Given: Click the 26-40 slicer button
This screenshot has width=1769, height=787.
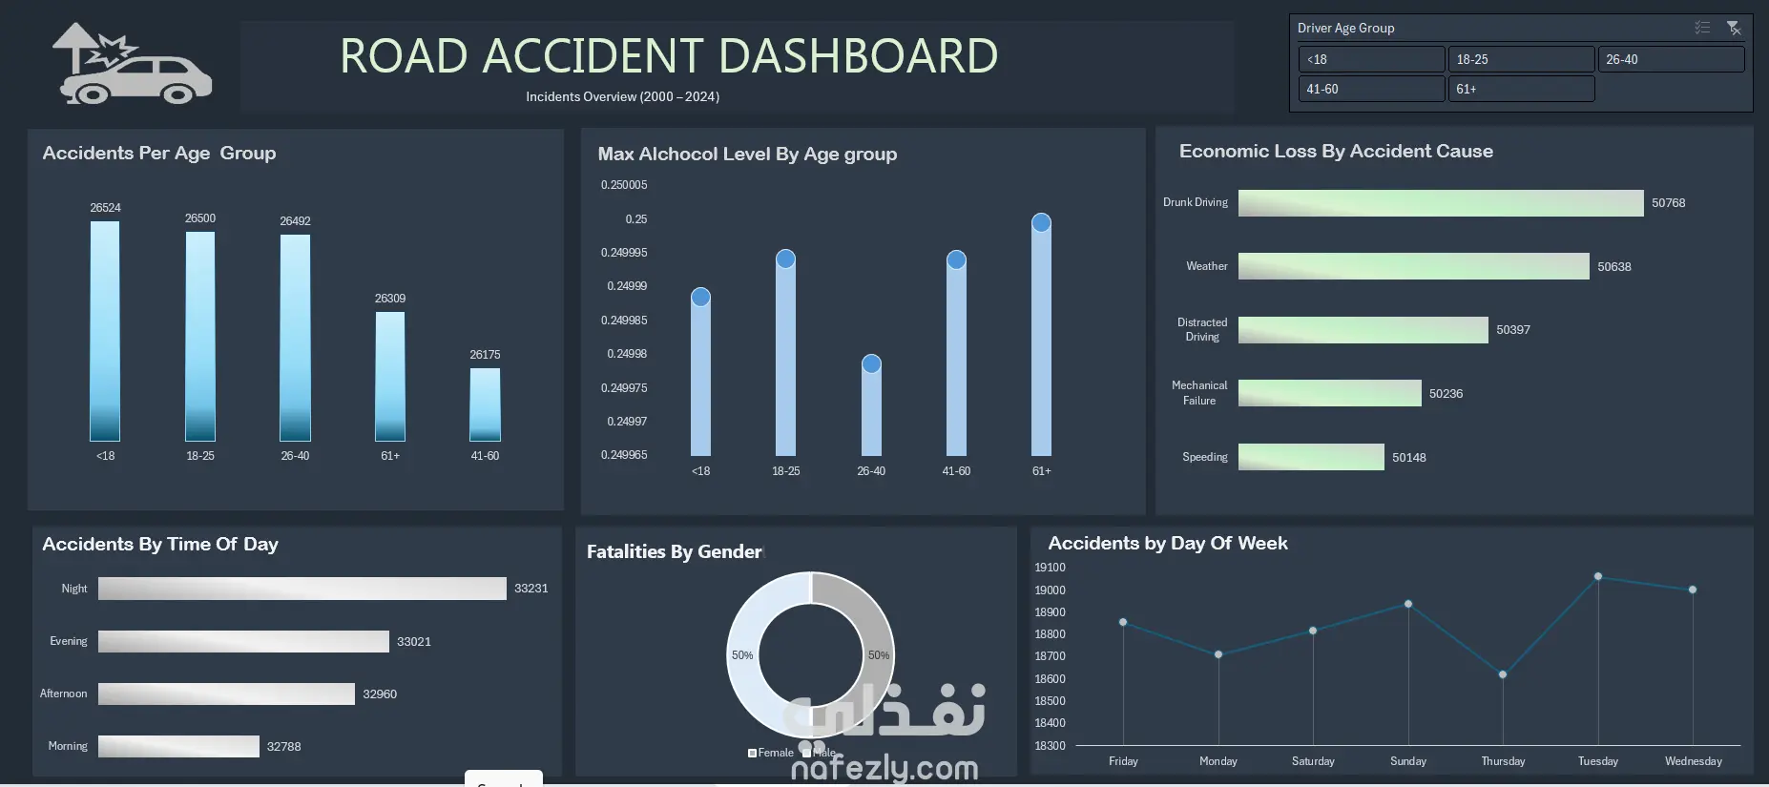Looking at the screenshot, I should (1671, 59).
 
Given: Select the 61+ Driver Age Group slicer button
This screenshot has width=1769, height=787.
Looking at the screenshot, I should (1521, 89).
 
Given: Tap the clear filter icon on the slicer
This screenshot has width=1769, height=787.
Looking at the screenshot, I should (1734, 29).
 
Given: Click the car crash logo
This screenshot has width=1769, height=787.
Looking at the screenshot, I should (133, 67).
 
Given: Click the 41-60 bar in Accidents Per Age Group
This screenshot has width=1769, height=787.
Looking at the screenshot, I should (485, 404).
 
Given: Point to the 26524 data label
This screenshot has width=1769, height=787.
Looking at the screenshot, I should (105, 208).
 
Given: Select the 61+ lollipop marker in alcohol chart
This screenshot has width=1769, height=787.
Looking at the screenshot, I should (1041, 223).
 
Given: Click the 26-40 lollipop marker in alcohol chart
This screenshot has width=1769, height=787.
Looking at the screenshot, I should (871, 364).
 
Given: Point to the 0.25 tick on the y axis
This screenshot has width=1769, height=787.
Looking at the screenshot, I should (635, 219).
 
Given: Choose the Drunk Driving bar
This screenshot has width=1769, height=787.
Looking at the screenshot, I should (1440, 203).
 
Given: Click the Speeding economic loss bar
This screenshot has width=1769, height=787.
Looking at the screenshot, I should (1310, 457).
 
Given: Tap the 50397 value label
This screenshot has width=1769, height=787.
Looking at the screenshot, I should (1512, 330).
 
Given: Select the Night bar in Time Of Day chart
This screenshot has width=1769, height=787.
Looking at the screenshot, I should (302, 589).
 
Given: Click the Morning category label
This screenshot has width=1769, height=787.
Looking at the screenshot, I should (68, 746).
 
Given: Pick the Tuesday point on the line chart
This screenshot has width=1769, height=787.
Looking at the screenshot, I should (1598, 576).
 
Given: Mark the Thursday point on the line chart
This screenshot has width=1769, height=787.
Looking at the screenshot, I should (1503, 674).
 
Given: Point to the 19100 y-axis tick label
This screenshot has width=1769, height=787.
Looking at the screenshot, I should (1050, 568).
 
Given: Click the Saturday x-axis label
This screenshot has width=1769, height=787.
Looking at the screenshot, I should (1313, 761).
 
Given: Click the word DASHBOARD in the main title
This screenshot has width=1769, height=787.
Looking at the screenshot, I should (858, 56).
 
